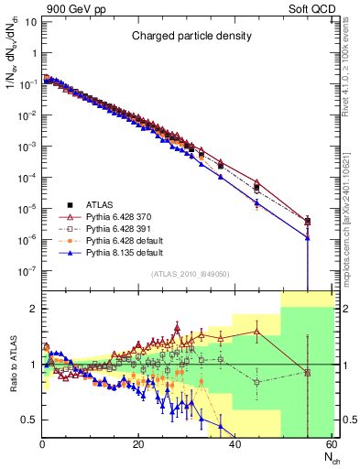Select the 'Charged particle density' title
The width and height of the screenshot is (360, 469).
pos(189,36)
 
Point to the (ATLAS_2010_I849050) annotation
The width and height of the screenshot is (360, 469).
pos(189,273)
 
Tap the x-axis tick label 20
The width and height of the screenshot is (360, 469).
pos(138,444)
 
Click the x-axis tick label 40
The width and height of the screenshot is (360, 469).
pos(235,444)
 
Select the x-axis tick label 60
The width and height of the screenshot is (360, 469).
pos(331,444)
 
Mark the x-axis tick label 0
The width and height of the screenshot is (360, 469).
pos(42,444)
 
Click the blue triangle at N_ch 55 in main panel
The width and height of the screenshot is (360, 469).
pos(307,237)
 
